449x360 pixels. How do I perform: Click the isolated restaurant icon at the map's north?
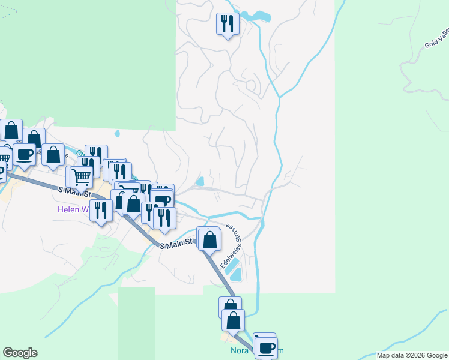pos(228,25)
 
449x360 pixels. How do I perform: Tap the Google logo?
pos(20,353)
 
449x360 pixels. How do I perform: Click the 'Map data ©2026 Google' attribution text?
pos(412,355)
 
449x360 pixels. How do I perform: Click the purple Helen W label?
pos(73,210)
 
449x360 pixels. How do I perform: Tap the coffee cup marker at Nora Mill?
pos(266,347)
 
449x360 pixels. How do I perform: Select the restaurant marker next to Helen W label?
pos(100,211)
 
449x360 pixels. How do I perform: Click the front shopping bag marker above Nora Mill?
pos(233,320)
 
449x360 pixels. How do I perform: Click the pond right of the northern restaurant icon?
pos(259,16)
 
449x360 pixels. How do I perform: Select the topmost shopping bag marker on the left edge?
pos(11,130)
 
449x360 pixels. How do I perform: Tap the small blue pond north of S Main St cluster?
pos(200,181)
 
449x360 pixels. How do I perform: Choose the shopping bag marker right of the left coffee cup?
pos(53,155)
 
